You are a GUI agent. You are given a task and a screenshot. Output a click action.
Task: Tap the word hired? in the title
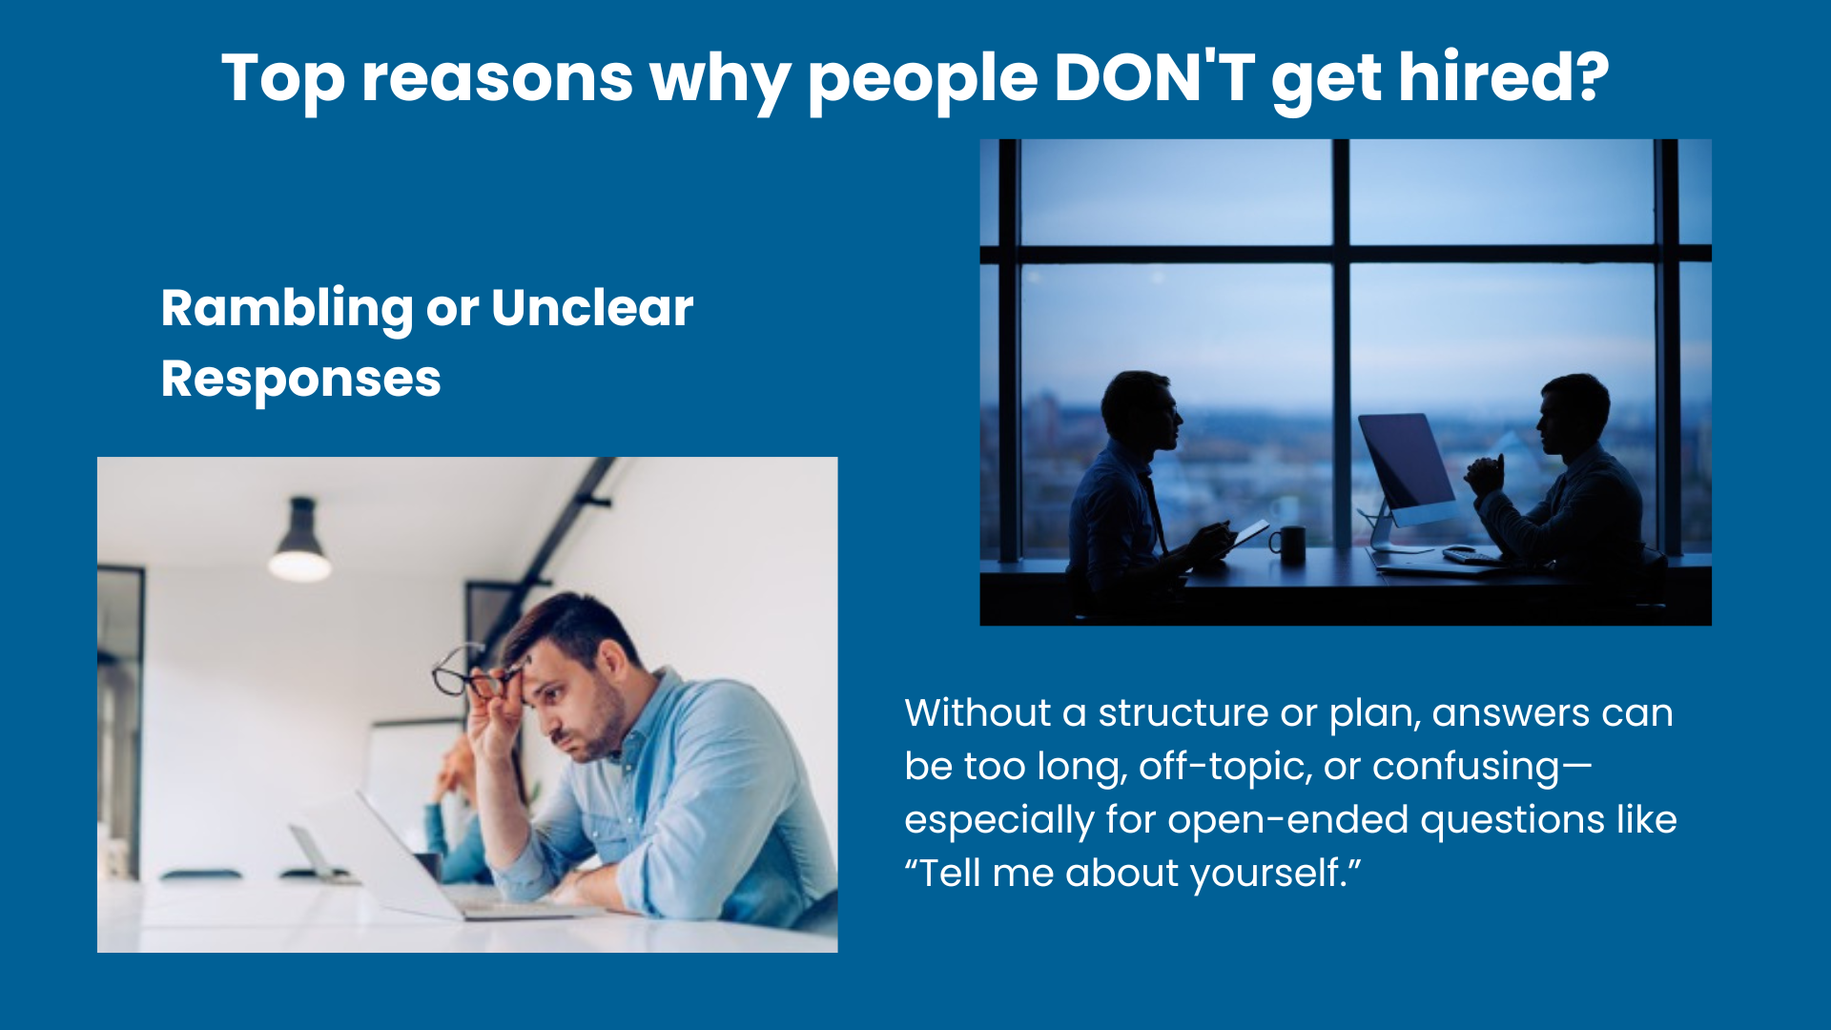[1504, 77]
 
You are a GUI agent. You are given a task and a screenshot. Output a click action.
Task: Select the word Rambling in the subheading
[287, 310]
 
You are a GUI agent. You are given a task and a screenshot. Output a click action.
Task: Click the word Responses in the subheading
[301, 381]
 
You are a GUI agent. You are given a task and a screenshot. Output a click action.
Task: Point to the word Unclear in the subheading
[592, 308]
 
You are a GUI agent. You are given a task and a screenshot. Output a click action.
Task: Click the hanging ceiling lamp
[300, 541]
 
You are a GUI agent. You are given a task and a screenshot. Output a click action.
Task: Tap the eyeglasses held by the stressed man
[477, 672]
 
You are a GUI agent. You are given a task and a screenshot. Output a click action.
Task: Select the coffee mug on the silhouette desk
[1288, 546]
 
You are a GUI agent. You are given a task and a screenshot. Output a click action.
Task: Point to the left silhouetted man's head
[1142, 411]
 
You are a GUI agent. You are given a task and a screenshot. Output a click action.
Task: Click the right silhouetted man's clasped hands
[1486, 474]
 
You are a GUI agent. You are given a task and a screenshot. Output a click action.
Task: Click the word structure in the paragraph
[1183, 713]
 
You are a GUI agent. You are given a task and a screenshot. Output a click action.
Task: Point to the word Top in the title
[283, 79]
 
